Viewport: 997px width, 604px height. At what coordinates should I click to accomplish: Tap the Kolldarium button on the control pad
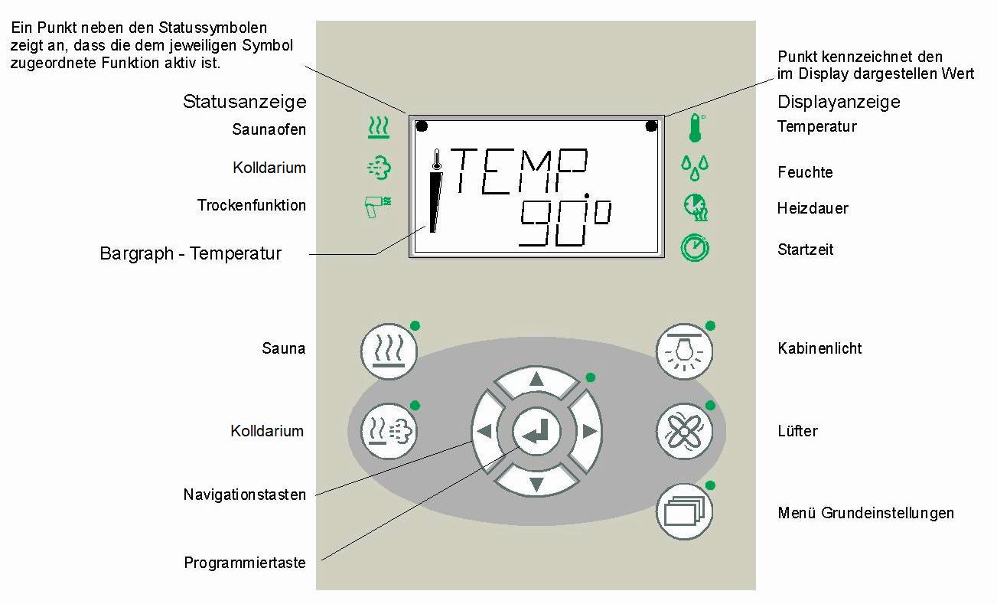coord(389,431)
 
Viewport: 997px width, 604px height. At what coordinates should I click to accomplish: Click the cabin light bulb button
coord(684,351)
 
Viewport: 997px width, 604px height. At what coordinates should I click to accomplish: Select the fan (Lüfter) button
coord(684,431)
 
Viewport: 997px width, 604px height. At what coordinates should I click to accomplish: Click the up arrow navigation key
coord(536,380)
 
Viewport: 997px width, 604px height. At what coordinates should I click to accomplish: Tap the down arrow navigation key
coord(536,483)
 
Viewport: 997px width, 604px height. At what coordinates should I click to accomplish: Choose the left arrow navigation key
coord(484,432)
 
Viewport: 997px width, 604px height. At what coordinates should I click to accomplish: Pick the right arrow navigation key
coord(588,432)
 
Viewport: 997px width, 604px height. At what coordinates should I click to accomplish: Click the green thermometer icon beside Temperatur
coord(694,128)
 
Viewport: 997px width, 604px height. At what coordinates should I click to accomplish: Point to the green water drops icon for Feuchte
coord(695,168)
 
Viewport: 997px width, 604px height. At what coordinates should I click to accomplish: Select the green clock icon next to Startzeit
coord(695,248)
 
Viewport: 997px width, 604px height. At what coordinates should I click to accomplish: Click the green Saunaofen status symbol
coord(378,128)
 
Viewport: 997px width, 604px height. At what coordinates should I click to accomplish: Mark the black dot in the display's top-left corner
coord(422,126)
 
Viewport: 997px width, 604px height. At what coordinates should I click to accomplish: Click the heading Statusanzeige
coord(244,102)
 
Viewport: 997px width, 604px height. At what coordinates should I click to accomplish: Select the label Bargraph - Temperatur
coord(191,253)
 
